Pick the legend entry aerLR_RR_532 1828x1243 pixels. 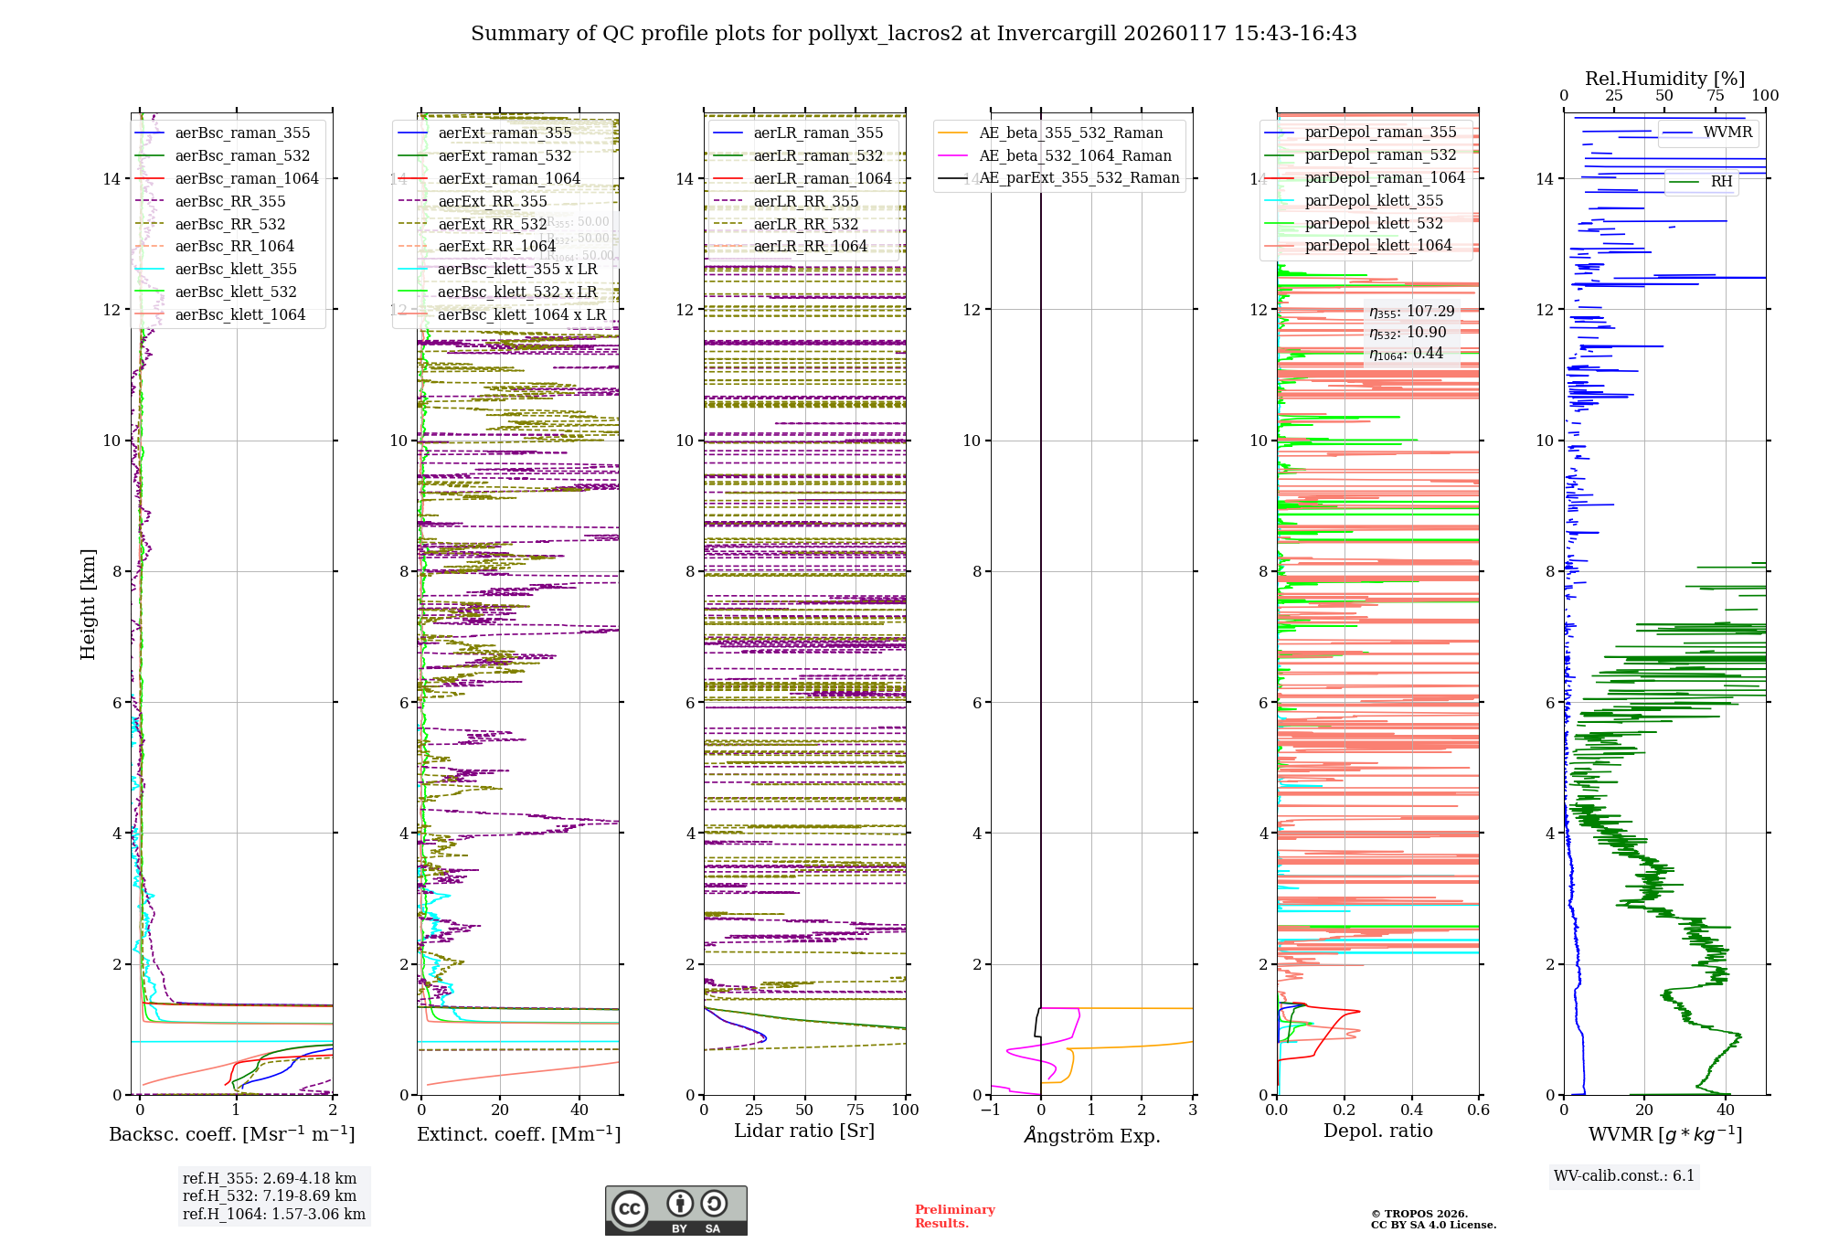pyautogui.click(x=805, y=224)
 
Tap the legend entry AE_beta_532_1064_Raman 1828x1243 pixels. pyautogui.click(x=1075, y=155)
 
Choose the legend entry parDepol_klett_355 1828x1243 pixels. pyautogui.click(x=1374, y=200)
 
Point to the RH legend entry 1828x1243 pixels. pyautogui.click(x=1721, y=182)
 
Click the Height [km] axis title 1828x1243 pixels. pyautogui.click(x=88, y=604)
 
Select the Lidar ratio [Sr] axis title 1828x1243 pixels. pyautogui.click(x=804, y=1131)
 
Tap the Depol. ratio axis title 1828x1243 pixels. pyautogui.click(x=1377, y=1131)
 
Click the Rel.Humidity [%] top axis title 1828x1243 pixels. pyautogui.click(x=1664, y=79)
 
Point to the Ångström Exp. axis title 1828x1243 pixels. pyautogui.click(x=1091, y=1135)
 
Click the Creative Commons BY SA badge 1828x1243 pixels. pyautogui.click(x=675, y=1211)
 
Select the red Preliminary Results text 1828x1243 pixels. pyautogui.click(x=954, y=1216)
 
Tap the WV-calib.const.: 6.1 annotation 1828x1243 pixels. pyautogui.click(x=1623, y=1176)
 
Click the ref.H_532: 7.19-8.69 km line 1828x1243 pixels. pyautogui.click(x=270, y=1195)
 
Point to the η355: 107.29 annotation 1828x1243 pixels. pyautogui.click(x=1411, y=312)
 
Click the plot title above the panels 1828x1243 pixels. pyautogui.click(x=913, y=34)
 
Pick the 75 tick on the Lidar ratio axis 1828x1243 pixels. pyautogui.click(x=856, y=1110)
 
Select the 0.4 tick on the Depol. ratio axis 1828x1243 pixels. pyautogui.click(x=1411, y=1110)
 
